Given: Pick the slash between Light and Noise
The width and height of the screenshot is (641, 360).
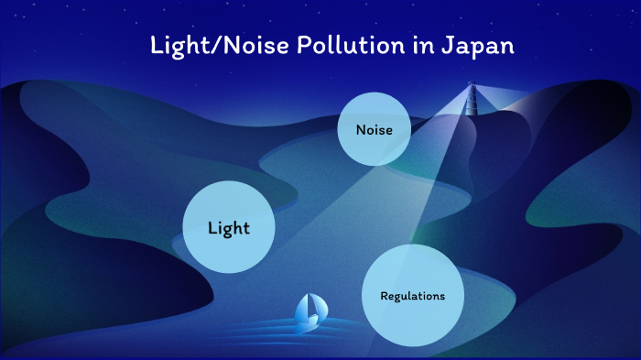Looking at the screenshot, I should click(218, 47).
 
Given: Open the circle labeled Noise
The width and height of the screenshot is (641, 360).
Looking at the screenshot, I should click(374, 130).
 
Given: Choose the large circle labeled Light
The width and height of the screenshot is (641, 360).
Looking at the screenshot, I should click(228, 227).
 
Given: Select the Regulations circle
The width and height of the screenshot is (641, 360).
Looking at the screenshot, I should click(412, 296).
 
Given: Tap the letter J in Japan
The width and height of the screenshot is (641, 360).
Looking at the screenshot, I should click(436, 46).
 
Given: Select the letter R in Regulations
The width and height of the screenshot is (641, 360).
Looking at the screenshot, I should click(384, 296).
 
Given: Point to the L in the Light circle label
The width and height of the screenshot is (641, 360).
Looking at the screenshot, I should click(212, 227).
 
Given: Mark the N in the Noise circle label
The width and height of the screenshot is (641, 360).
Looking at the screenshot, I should click(360, 130).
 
